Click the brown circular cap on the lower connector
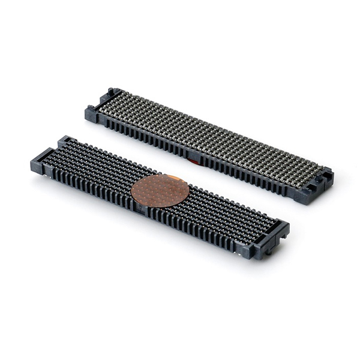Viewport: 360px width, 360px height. tap(160, 191)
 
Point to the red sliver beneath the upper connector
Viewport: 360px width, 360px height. tap(193, 160)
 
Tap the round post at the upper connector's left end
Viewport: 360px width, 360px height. tap(111, 92)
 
